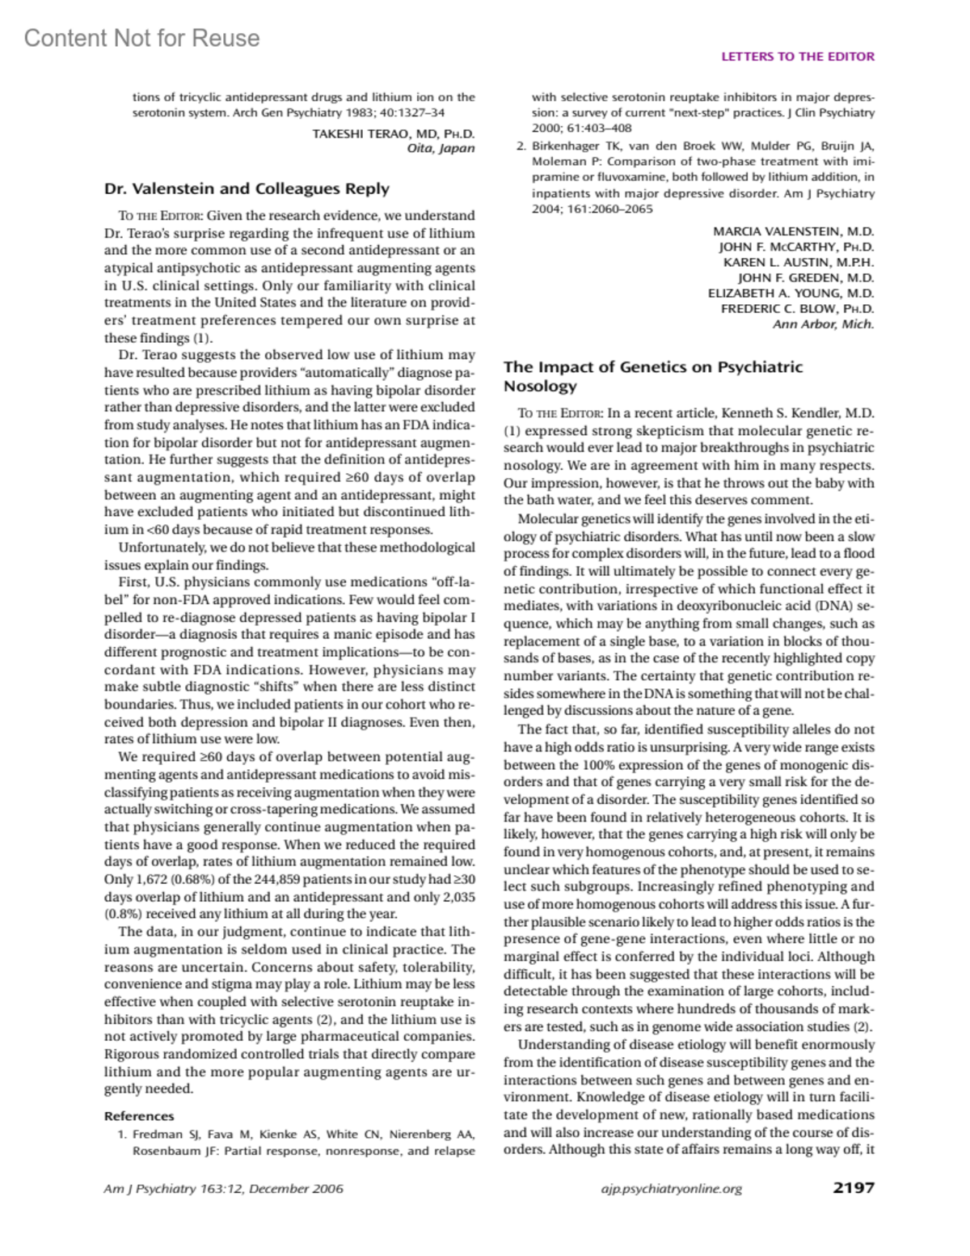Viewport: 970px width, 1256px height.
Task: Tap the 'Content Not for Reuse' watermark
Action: (142, 38)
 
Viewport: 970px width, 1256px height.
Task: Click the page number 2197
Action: (853, 1187)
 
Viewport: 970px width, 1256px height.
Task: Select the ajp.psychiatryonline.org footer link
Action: (671, 1188)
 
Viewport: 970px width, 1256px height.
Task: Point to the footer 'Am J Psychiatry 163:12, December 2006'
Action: (224, 1188)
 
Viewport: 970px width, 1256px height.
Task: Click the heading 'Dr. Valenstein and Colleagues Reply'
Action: (247, 188)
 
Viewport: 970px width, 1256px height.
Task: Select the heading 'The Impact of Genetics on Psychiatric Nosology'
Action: (653, 376)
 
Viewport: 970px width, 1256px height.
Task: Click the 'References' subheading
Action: (139, 1115)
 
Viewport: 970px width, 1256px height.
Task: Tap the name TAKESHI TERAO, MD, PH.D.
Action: (393, 133)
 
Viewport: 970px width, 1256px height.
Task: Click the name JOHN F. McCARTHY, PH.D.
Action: (796, 247)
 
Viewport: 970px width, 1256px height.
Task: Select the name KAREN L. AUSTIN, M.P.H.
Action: (798, 262)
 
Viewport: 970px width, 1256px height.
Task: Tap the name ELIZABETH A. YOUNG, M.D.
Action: (791, 293)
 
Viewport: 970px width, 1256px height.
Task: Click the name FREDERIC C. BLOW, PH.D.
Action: (797, 308)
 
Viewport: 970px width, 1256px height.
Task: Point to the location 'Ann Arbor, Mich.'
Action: (823, 324)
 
